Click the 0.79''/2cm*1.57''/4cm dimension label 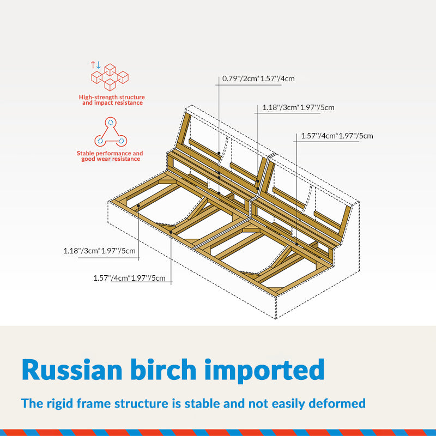point(258,78)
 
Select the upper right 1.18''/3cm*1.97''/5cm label point(298,107)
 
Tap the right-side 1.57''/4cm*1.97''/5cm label point(337,136)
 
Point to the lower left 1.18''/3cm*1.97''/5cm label point(100,251)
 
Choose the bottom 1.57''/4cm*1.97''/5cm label point(130,278)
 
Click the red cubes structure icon point(110,77)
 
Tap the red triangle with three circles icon point(111,132)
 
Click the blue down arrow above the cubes point(98,65)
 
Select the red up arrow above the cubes point(93,65)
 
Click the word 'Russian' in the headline point(72,370)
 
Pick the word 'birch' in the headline point(163,370)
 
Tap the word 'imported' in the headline point(264,371)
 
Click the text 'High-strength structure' point(112,98)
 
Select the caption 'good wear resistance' point(111,159)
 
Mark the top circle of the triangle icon point(111,122)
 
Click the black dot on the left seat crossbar point(138,206)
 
